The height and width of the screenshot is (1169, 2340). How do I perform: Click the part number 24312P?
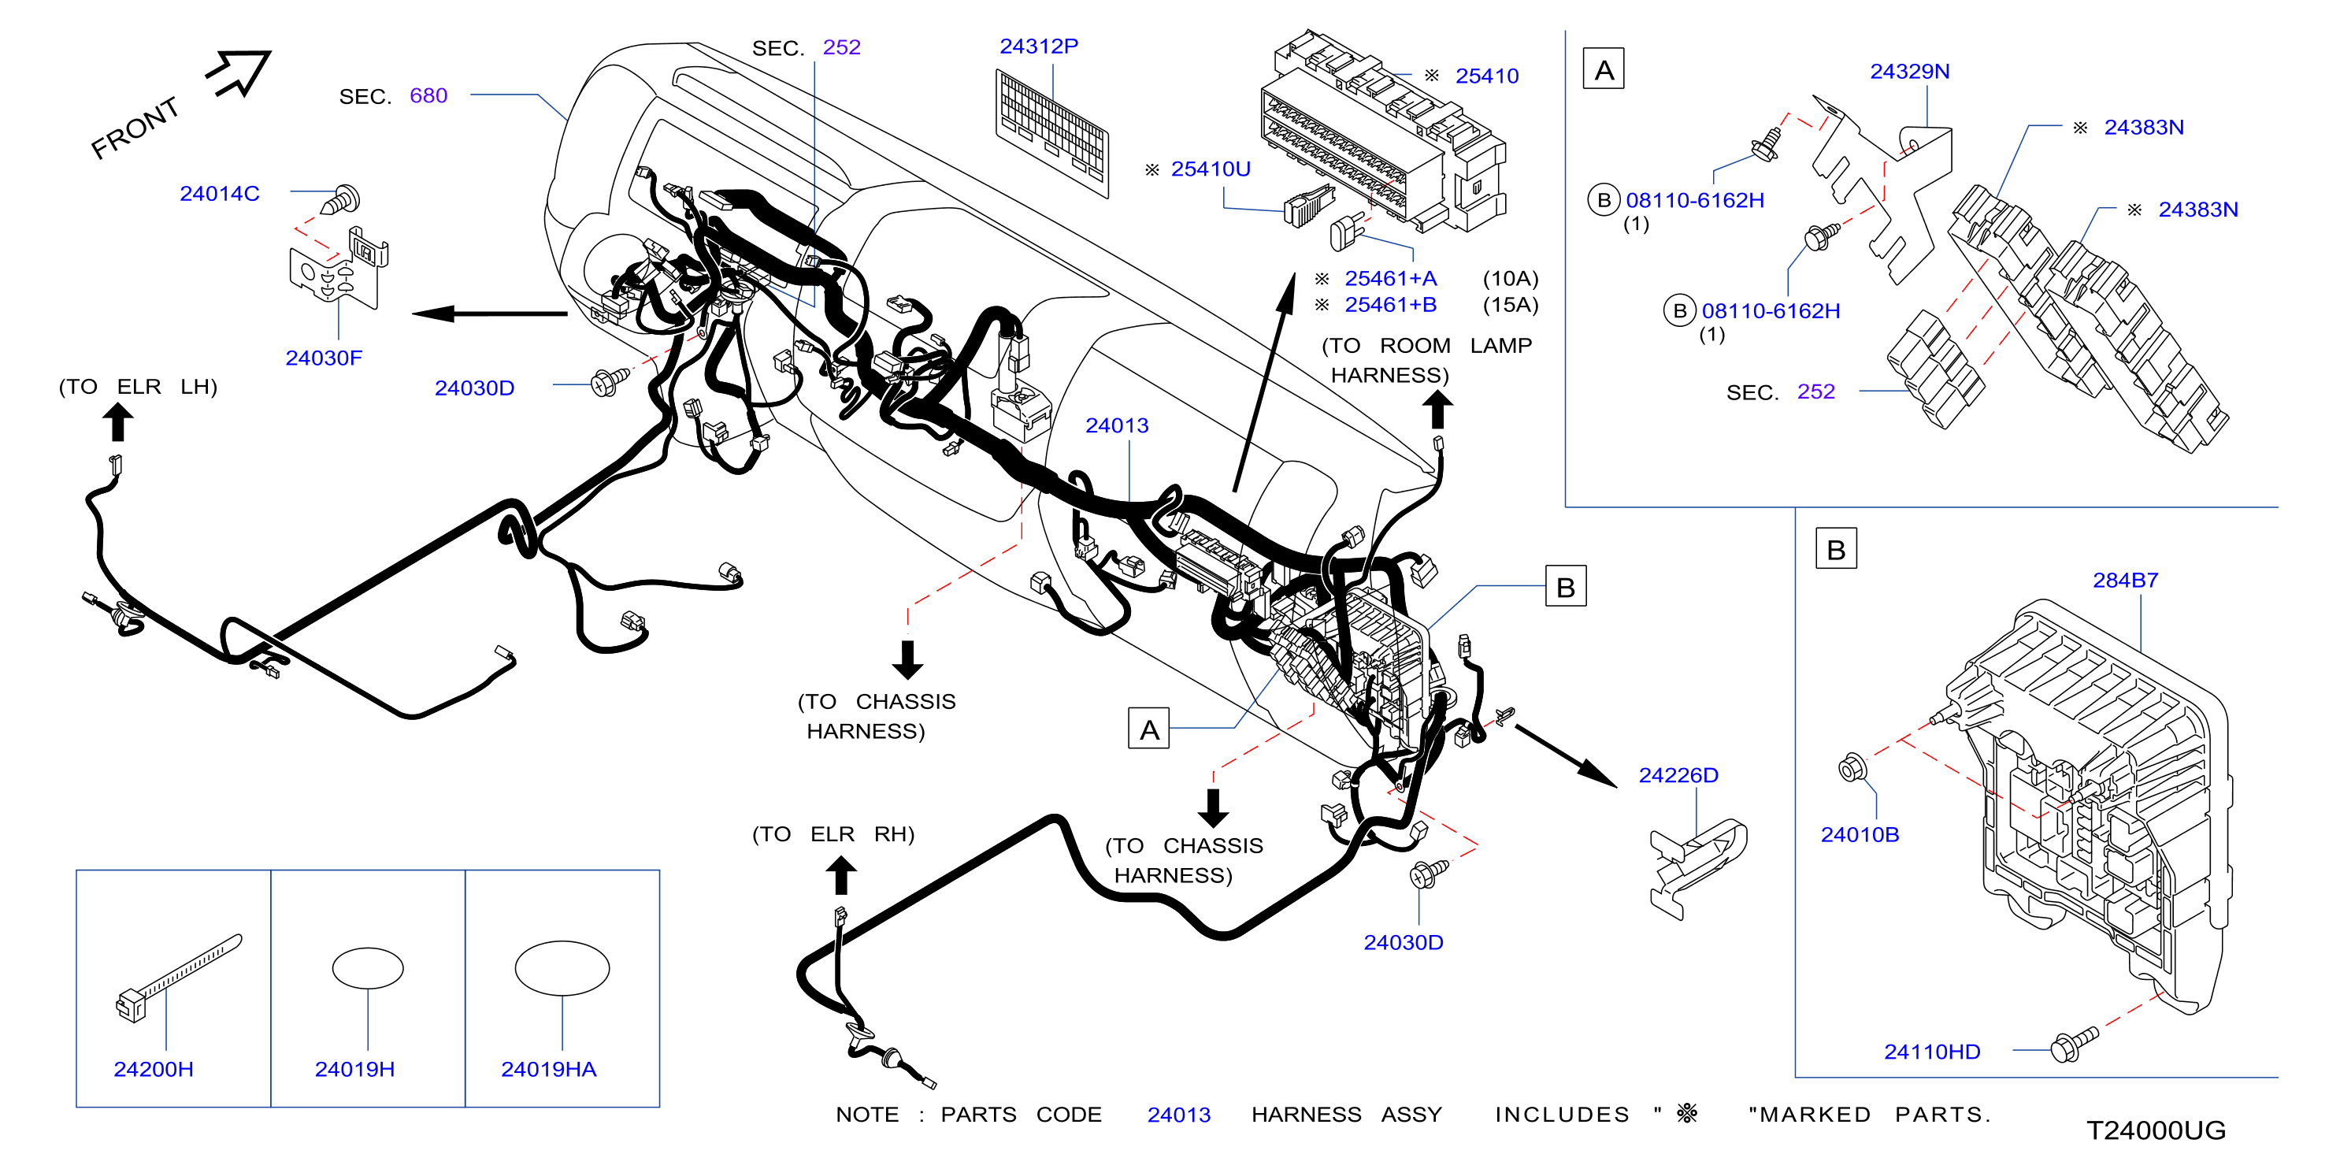(x=1038, y=46)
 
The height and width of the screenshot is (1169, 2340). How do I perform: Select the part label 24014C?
(x=219, y=194)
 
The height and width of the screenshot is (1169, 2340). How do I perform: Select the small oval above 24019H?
(x=368, y=968)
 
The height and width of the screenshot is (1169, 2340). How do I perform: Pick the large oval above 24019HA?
(x=562, y=968)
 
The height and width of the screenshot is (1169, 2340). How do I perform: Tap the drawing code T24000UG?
(x=2156, y=1131)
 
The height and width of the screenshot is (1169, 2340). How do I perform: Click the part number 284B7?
(x=2125, y=581)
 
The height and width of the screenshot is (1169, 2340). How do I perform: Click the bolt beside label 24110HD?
(x=2075, y=1044)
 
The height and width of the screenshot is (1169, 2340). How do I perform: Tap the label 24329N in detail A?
(x=1909, y=72)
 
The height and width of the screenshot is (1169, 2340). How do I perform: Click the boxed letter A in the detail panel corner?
(x=1604, y=69)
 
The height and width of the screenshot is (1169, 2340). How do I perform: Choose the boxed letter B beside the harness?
(x=1565, y=587)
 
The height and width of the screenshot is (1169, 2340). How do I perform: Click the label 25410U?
(x=1210, y=169)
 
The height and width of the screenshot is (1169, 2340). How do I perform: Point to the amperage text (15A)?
(x=1510, y=305)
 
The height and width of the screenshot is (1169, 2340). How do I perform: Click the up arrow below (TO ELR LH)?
(x=118, y=422)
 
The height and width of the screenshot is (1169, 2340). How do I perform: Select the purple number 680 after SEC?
(x=428, y=96)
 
